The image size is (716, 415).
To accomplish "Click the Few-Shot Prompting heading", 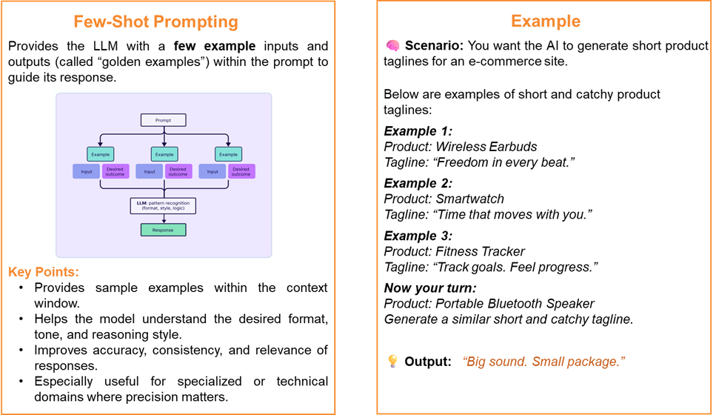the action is click(x=155, y=21).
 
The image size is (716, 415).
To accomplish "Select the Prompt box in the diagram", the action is click(x=163, y=120).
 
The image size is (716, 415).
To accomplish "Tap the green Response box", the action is click(x=163, y=230).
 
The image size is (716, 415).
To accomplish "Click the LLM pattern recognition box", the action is click(x=163, y=206).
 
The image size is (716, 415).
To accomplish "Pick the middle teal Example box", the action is click(x=164, y=154).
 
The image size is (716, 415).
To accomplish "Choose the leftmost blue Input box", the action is click(x=87, y=171).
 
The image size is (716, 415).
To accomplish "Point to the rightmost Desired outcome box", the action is click(x=241, y=171).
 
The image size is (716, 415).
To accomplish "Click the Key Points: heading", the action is click(x=44, y=272).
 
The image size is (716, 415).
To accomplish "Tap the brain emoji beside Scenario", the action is click(x=392, y=45).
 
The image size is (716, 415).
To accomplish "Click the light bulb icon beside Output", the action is click(x=392, y=361).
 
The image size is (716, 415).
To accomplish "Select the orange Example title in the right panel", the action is click(x=546, y=21).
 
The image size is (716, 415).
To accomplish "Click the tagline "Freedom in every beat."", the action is click(x=503, y=162).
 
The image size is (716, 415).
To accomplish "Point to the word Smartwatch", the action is click(x=470, y=199).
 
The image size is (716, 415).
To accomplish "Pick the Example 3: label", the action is click(x=418, y=236).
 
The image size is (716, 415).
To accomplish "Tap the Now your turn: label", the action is click(x=430, y=288).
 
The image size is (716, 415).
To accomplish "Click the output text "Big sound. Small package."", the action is click(x=543, y=362).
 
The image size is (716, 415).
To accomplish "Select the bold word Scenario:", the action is click(x=434, y=46).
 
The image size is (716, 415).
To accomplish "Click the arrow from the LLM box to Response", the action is click(x=164, y=219).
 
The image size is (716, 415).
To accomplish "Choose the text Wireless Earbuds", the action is click(x=486, y=147).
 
